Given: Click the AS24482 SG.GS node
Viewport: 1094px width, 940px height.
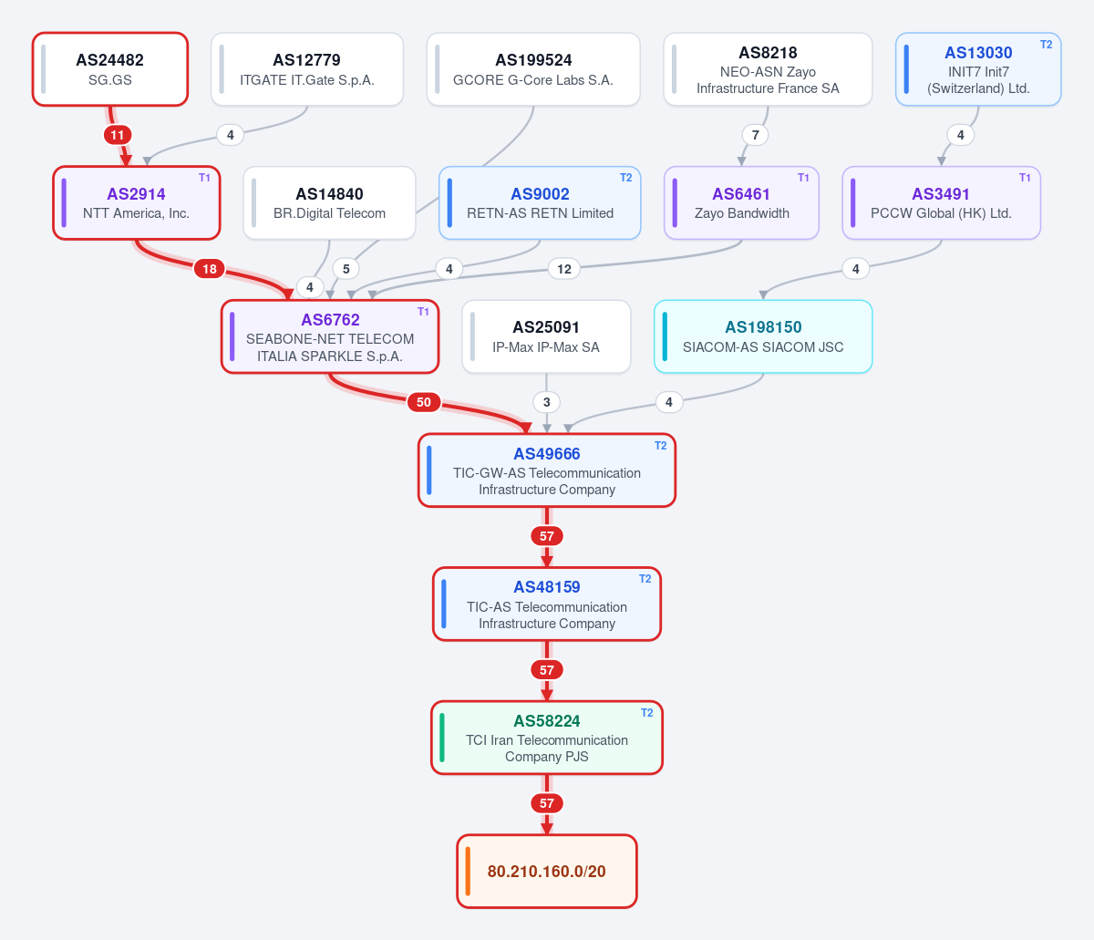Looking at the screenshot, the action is (x=110, y=69).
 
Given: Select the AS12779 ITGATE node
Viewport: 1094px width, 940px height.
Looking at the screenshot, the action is (x=307, y=69).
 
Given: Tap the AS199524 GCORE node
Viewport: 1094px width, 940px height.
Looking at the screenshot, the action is (x=533, y=69).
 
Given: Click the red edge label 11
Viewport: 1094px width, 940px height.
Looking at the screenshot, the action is (x=118, y=135).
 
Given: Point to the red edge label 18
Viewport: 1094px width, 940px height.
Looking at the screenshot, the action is (x=210, y=269).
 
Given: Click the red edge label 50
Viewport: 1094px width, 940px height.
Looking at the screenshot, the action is (x=423, y=402).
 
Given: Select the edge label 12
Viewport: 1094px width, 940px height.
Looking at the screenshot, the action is (x=564, y=269).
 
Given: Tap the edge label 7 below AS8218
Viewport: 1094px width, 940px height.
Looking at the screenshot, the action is (x=755, y=135).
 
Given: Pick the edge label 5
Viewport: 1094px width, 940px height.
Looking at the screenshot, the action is (x=346, y=269).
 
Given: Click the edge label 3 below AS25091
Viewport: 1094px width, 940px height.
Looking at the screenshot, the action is (x=547, y=402).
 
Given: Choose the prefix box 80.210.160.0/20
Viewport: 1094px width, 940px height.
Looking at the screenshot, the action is (x=547, y=872).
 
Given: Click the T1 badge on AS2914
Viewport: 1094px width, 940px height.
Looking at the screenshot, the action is (x=204, y=178).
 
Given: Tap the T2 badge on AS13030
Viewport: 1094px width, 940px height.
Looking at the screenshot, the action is (x=1046, y=45).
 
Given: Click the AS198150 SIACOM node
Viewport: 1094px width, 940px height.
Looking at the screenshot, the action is (x=763, y=336).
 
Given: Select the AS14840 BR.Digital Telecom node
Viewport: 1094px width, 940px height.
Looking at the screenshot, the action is (x=329, y=203).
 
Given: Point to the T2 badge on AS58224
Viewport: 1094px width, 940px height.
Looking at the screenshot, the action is (x=646, y=713).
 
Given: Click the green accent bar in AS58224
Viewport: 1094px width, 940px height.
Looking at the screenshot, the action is (x=442, y=738).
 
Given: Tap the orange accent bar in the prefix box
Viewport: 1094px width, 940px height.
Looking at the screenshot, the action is (x=468, y=872).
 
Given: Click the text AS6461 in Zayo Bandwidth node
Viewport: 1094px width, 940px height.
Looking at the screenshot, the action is (x=741, y=194).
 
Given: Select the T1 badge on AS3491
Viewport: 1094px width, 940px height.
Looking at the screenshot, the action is (x=1025, y=178).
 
